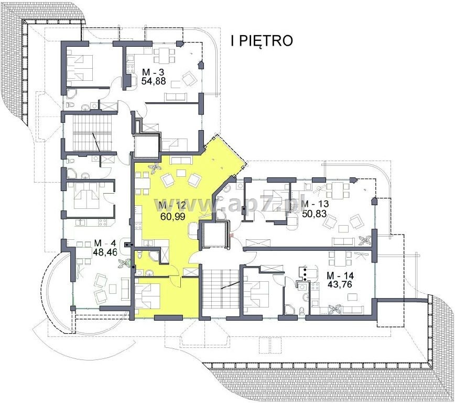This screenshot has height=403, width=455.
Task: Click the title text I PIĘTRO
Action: click(x=262, y=41)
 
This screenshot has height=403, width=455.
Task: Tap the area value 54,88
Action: click(x=154, y=80)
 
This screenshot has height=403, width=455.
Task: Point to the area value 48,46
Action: click(x=105, y=252)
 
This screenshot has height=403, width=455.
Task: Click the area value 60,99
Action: click(x=172, y=216)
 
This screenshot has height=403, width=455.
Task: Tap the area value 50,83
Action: click(x=315, y=214)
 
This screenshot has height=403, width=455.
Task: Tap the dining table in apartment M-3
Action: click(x=164, y=56)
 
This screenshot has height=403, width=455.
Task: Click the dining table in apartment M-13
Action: click(x=338, y=190)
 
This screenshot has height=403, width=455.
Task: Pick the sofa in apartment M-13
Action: click(x=343, y=242)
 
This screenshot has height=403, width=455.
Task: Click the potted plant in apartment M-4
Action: click(x=124, y=263)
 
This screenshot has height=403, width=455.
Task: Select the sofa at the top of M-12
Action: click(x=181, y=161)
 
